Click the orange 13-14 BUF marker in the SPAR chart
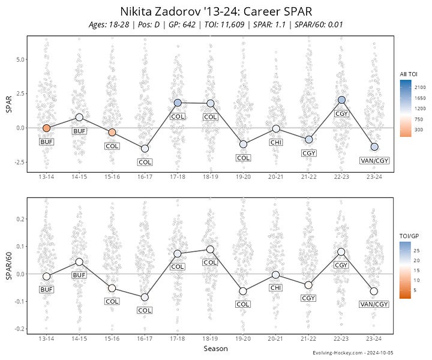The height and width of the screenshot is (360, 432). pyautogui.click(x=47, y=128)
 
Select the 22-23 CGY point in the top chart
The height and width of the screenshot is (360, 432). pyautogui.click(x=341, y=100)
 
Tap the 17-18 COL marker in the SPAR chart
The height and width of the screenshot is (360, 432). pyautogui.click(x=178, y=103)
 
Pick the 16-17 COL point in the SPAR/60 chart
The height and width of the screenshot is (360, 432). pyautogui.click(x=145, y=298)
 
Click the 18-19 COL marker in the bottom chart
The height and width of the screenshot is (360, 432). pyautogui.click(x=210, y=250)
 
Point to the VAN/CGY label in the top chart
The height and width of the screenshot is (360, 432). pyautogui.click(x=374, y=161)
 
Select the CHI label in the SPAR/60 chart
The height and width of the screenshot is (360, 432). pyautogui.click(x=276, y=288)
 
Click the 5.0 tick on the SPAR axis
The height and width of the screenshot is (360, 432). pyautogui.click(x=20, y=59)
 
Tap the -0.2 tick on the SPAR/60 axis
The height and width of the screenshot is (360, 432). pyautogui.click(x=19, y=329)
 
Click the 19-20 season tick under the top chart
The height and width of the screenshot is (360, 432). pyautogui.click(x=243, y=177)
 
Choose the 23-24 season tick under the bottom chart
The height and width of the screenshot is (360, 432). pyautogui.click(x=374, y=338)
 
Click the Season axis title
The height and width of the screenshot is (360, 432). pyautogui.click(x=216, y=349)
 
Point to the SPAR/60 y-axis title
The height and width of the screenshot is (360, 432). pyautogui.click(x=9, y=266)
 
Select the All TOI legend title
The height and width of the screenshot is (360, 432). pyautogui.click(x=409, y=74)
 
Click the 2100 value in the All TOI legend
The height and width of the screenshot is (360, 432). pyautogui.click(x=420, y=88)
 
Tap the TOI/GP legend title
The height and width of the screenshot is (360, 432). pyautogui.click(x=409, y=236)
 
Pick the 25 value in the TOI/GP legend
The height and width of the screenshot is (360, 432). pyautogui.click(x=416, y=251)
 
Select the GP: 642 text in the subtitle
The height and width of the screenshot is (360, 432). pyautogui.click(x=182, y=25)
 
